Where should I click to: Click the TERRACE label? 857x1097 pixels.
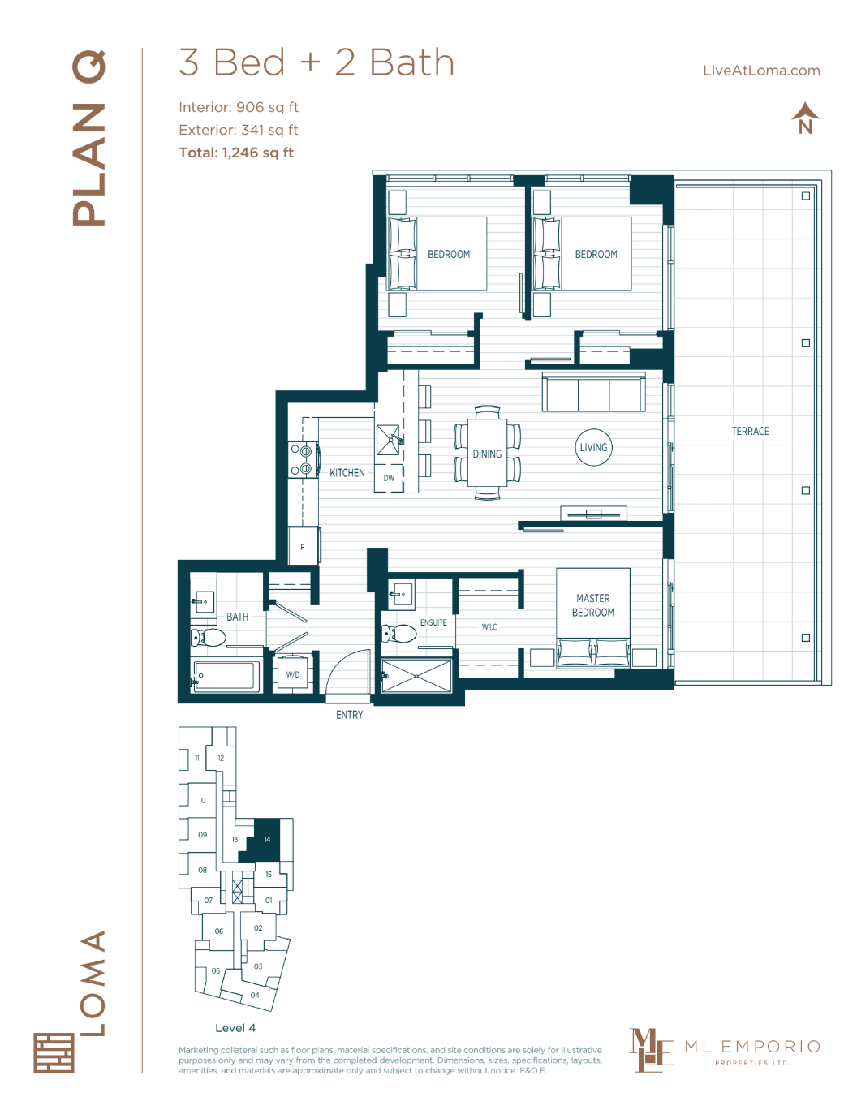pyautogui.click(x=750, y=432)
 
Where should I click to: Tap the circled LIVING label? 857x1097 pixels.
pyautogui.click(x=593, y=447)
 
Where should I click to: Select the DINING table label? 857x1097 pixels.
pyautogui.click(x=487, y=454)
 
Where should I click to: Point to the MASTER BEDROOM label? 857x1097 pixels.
pyautogui.click(x=593, y=605)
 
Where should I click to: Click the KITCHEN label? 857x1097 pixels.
pyautogui.click(x=347, y=473)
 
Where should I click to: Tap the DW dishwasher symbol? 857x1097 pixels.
pyautogui.click(x=389, y=479)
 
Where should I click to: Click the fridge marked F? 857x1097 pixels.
pyautogui.click(x=303, y=547)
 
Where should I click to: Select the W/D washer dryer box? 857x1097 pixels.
pyautogui.click(x=293, y=674)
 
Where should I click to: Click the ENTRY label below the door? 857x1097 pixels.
pyautogui.click(x=350, y=715)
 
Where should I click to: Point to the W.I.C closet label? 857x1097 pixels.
pyautogui.click(x=489, y=627)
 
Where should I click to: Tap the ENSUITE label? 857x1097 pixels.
pyautogui.click(x=433, y=623)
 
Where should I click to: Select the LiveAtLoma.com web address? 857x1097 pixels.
pyautogui.click(x=761, y=71)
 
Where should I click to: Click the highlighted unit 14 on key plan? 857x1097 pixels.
pyautogui.click(x=267, y=839)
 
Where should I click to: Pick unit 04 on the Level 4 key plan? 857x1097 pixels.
pyautogui.click(x=255, y=995)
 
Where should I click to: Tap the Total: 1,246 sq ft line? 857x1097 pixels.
pyautogui.click(x=236, y=153)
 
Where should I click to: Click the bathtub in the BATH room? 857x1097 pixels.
pyautogui.click(x=227, y=675)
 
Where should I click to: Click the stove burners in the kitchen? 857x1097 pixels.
pyautogui.click(x=301, y=460)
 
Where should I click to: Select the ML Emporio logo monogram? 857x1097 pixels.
pyautogui.click(x=651, y=1050)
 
